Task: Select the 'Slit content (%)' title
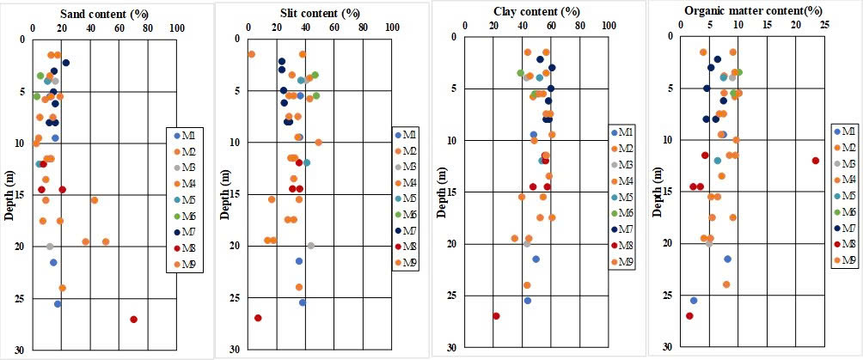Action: (x=319, y=15)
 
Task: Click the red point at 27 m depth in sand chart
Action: (x=133, y=320)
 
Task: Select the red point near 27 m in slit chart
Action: (x=258, y=318)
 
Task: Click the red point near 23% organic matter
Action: (x=816, y=161)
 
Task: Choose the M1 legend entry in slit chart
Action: (x=404, y=135)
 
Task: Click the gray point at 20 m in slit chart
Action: (x=311, y=246)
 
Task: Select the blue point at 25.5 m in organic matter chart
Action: (x=694, y=301)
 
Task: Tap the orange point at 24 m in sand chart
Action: (x=62, y=288)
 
